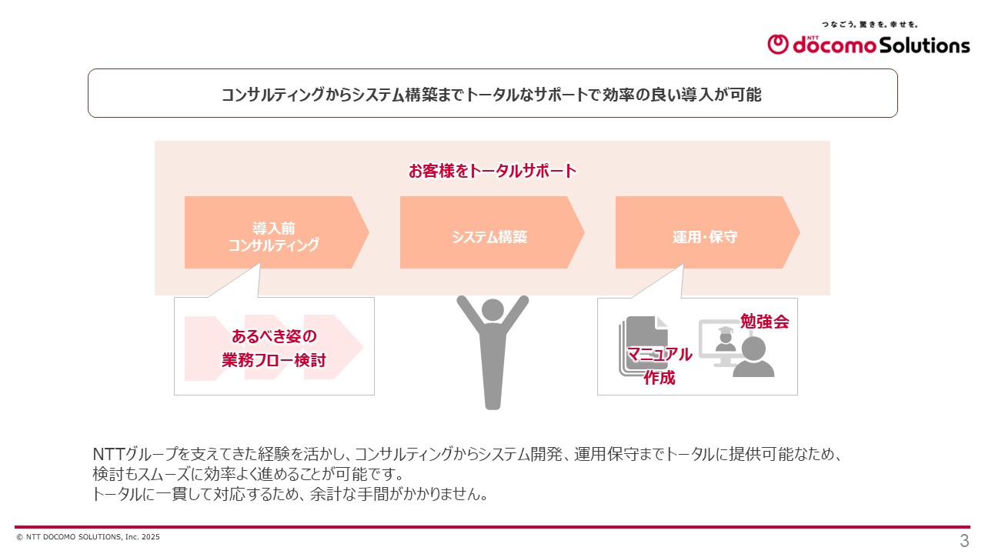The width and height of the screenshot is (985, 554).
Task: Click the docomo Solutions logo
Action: (868, 45)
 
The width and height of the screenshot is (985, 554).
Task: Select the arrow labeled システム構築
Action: (489, 237)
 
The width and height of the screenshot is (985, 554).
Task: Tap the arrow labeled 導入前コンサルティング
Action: (273, 237)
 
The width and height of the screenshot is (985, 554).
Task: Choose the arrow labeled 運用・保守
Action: (704, 237)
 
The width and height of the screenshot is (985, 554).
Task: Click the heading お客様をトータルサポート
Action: (492, 171)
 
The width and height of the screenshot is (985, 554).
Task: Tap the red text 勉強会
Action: (764, 322)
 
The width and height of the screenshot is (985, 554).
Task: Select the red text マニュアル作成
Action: (659, 365)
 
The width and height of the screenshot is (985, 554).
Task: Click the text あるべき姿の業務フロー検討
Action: (274, 348)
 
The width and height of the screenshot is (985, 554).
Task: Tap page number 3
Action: (963, 540)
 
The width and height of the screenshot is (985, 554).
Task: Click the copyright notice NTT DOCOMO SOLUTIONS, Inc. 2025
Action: (88, 537)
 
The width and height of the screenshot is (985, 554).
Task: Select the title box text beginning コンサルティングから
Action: (492, 94)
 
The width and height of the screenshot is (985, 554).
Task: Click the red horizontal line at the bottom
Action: (492, 527)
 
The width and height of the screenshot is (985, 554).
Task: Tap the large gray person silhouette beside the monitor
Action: (753, 358)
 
